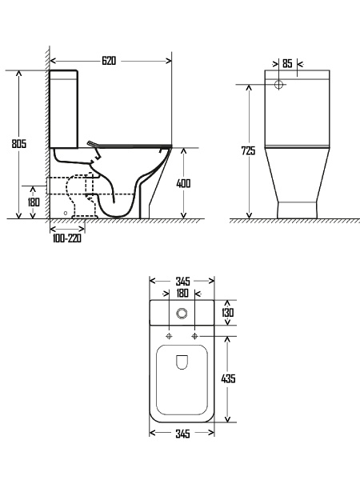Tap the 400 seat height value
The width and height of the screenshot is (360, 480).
tap(183, 183)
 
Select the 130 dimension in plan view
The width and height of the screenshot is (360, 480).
tap(227, 313)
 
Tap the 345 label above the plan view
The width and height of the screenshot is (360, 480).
tap(182, 281)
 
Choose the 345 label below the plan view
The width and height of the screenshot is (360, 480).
tap(182, 434)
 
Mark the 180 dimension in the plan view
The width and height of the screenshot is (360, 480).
tap(182, 294)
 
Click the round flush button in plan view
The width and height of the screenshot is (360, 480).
tap(182, 312)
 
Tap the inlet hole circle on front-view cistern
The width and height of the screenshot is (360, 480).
tap(279, 83)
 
